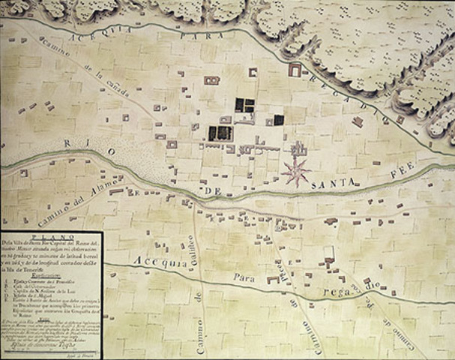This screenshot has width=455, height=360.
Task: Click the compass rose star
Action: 296,171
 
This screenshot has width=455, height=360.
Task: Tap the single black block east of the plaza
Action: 279,119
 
